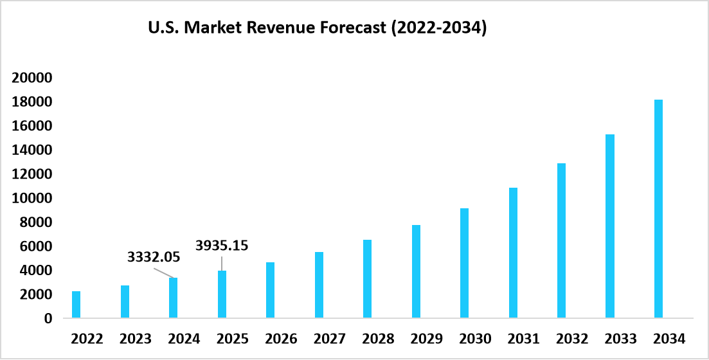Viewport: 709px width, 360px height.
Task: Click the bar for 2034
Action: click(658, 209)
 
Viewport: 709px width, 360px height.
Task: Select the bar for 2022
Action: click(76, 305)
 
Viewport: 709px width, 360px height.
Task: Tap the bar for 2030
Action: click(464, 263)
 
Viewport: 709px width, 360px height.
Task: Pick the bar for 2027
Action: click(319, 285)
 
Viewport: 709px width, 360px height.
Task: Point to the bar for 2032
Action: click(561, 240)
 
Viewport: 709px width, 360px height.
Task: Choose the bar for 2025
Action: click(222, 294)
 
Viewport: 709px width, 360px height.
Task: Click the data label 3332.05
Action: click(154, 258)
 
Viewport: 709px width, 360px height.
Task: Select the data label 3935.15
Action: click(222, 245)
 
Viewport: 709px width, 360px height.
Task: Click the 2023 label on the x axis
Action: click(135, 339)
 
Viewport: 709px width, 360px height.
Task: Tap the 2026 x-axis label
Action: click(281, 339)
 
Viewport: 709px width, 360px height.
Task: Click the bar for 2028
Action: click(367, 279)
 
